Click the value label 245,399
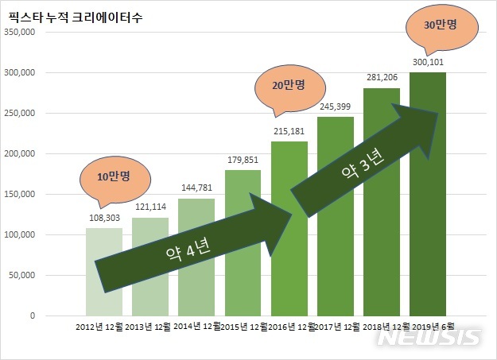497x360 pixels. tap(336, 105)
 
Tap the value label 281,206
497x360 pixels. tap(382, 76)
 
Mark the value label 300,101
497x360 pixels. tap(428, 60)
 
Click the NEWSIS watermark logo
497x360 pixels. tap(429, 337)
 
